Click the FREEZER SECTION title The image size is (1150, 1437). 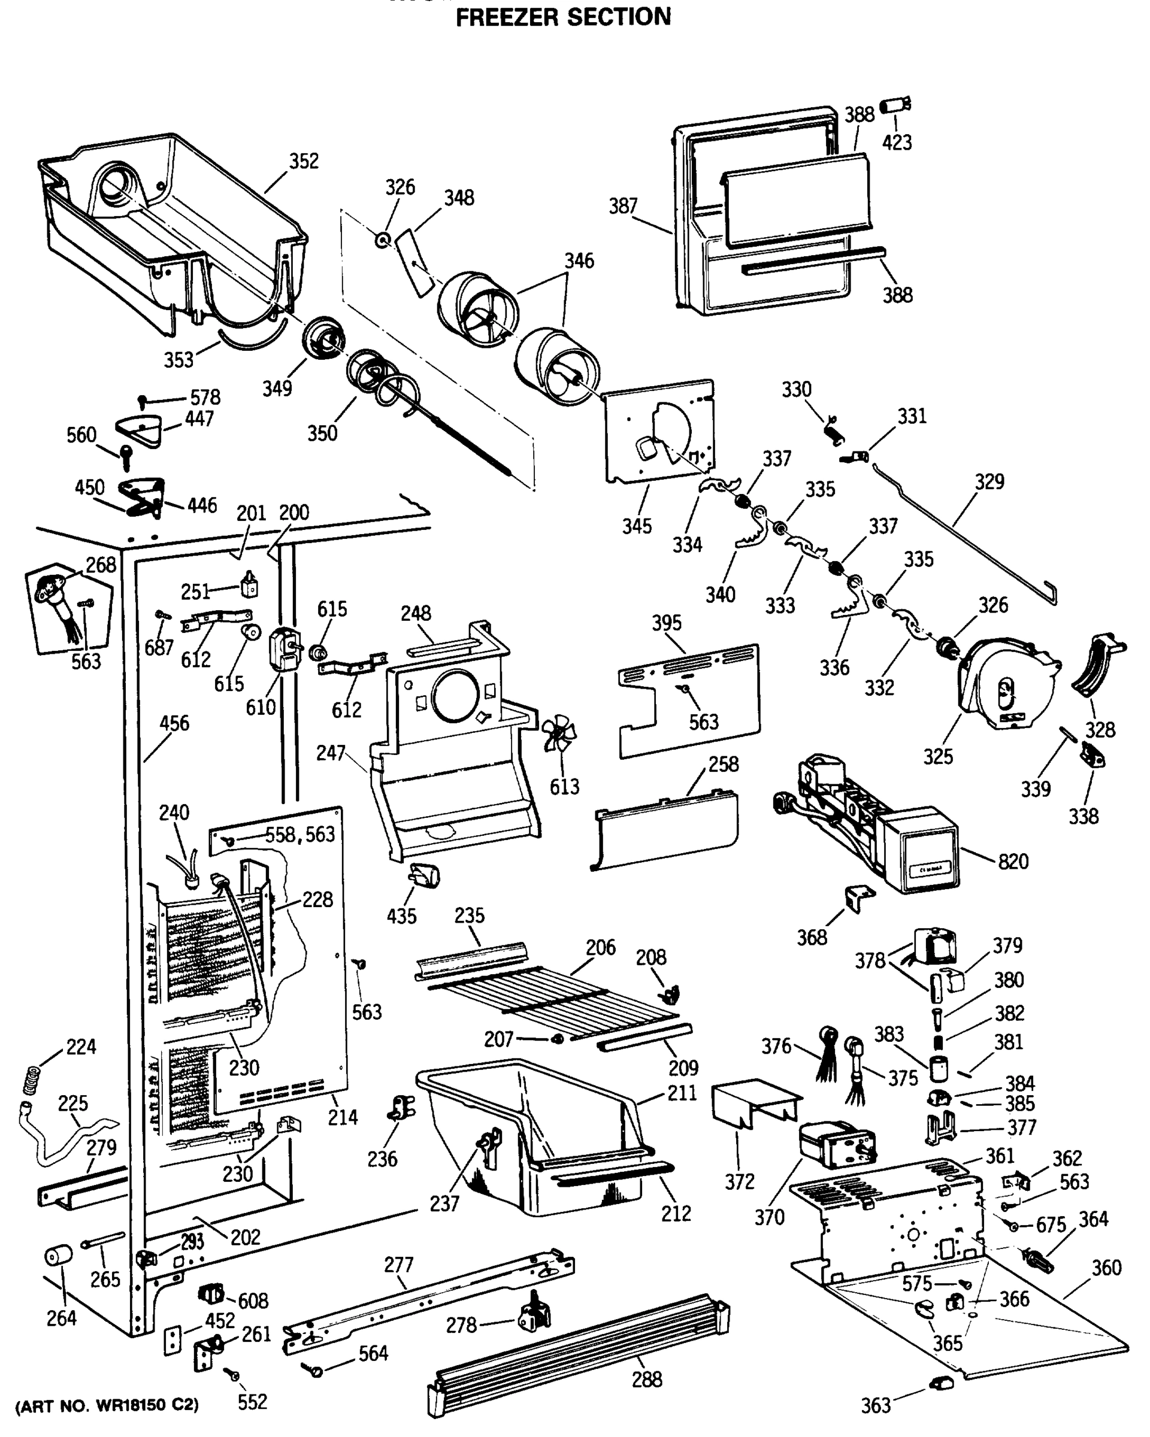click(564, 17)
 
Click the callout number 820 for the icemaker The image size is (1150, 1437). click(1013, 862)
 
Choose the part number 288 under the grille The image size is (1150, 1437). click(647, 1379)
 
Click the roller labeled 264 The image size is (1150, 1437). click(58, 1257)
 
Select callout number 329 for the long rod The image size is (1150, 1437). click(989, 482)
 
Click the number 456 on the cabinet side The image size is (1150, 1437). click(174, 723)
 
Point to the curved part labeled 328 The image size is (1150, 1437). click(1097, 666)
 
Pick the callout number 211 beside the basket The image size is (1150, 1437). click(682, 1093)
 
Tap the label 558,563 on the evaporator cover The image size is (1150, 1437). click(300, 835)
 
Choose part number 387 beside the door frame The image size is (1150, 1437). click(623, 207)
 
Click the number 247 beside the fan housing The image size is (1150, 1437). click(331, 753)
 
